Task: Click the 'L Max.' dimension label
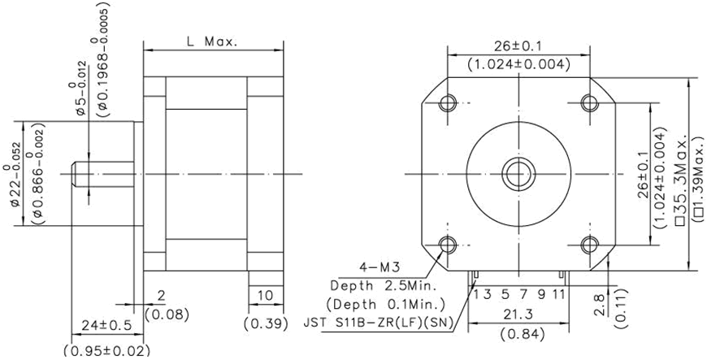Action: pos(211,42)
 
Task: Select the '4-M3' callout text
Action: pos(380,267)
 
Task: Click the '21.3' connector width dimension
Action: pos(518,314)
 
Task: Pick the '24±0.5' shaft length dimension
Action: pos(106,326)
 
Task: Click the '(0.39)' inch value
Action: pos(266,323)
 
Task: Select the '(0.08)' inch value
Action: pos(167,314)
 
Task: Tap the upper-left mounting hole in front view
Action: pos(447,103)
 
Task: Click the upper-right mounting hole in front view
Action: pos(590,103)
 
